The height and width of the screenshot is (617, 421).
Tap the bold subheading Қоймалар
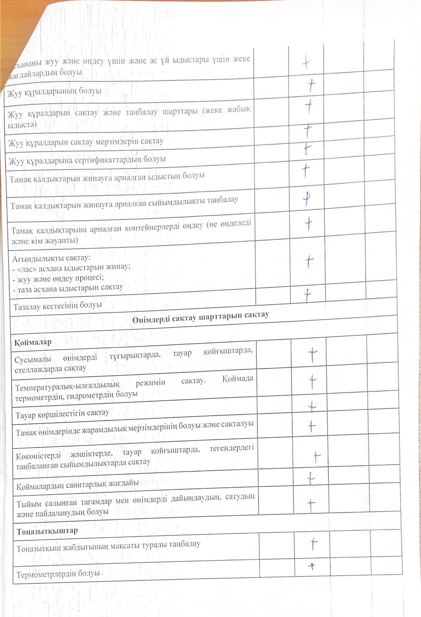[x=33, y=342]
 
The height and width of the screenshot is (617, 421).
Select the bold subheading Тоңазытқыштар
[x=47, y=531]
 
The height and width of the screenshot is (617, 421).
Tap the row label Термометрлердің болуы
[x=58, y=574]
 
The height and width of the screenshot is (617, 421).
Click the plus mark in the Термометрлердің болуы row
[x=312, y=566]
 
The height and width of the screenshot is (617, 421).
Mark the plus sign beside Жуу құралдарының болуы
[x=311, y=86]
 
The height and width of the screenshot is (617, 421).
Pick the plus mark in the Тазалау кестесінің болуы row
[x=307, y=295]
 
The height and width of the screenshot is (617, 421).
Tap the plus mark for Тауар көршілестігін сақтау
[x=312, y=406]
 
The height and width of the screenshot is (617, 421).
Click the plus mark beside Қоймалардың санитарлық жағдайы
[x=311, y=478]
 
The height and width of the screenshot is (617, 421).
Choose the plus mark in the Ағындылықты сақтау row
[x=309, y=261]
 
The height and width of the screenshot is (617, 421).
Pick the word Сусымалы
[x=32, y=360]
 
